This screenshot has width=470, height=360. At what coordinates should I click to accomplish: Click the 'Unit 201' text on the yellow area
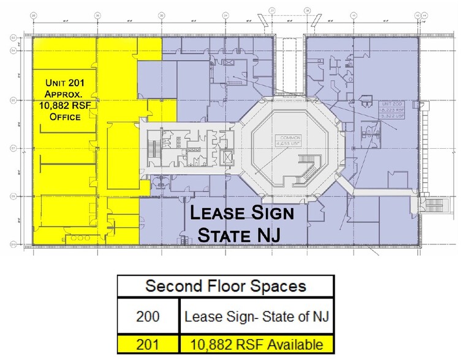[x=64, y=83]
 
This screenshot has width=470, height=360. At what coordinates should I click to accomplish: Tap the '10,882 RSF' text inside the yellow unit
[x=64, y=105]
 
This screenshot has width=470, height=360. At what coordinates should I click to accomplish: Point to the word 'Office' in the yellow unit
[x=64, y=116]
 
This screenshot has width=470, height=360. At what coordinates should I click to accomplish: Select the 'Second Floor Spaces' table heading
[x=226, y=287]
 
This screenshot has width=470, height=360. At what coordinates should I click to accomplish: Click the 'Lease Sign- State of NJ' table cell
[x=256, y=317]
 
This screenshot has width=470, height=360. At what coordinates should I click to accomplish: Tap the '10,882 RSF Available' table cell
[x=256, y=344]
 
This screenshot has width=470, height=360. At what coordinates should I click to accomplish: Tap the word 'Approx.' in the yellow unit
[x=64, y=94]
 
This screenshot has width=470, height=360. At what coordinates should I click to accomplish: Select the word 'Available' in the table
[x=296, y=344]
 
